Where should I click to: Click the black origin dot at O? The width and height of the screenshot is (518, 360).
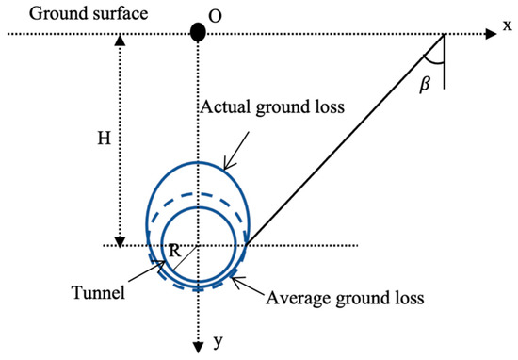[198, 31]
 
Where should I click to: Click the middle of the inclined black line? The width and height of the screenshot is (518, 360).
[345, 140]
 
